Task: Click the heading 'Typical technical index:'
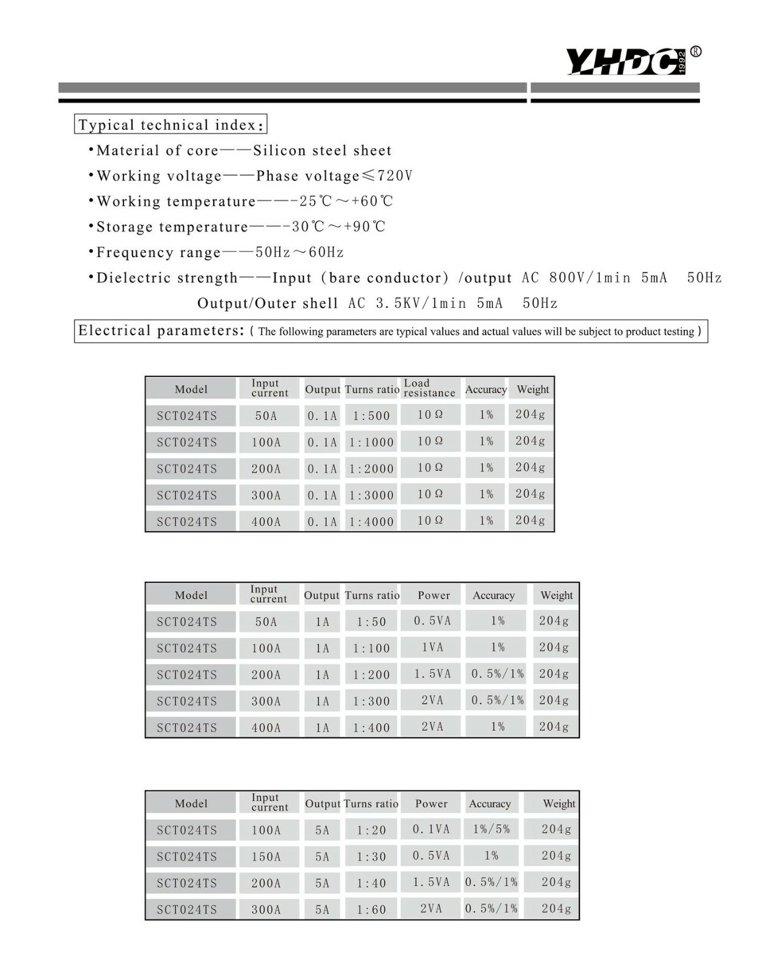point(171,125)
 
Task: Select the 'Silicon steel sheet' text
point(322,150)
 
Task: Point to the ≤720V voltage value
point(387,175)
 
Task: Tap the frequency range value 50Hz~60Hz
point(300,252)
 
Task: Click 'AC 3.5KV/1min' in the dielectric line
point(407,303)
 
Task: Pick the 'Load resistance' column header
point(429,388)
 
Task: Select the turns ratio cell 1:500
point(371,416)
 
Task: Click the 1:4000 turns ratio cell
point(371,522)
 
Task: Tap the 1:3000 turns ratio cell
point(371,495)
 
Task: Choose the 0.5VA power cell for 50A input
point(432,621)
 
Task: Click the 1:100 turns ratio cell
point(371,648)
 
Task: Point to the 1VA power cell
point(432,647)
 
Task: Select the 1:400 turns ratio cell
point(371,728)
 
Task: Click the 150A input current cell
point(266,857)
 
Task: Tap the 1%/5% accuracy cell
point(491,829)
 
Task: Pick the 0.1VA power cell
point(431,829)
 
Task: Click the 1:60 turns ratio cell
point(371,909)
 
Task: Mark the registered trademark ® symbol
point(696,51)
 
